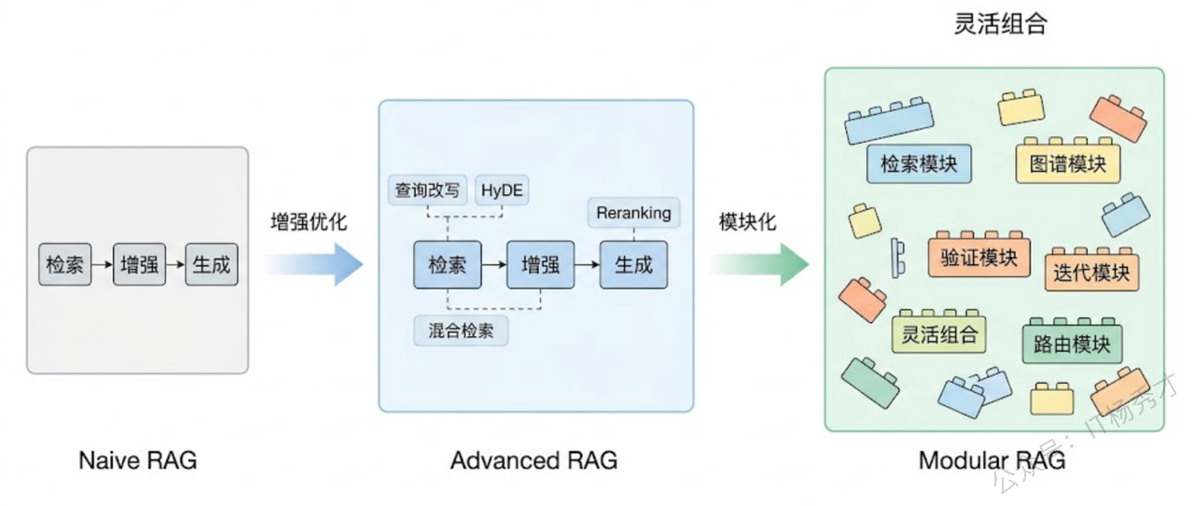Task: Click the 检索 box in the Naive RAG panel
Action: pyautogui.click(x=65, y=264)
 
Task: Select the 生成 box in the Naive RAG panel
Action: pyautogui.click(x=211, y=264)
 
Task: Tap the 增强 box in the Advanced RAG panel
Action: pyautogui.click(x=539, y=264)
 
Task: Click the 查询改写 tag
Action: pyautogui.click(x=427, y=190)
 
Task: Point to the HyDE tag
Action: pyautogui.click(x=503, y=190)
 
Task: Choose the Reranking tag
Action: pyautogui.click(x=633, y=213)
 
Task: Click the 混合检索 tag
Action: pyautogui.click(x=461, y=330)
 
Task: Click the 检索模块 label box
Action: pyautogui.click(x=919, y=164)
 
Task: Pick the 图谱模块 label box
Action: pyautogui.click(x=1068, y=165)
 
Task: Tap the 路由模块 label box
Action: pyautogui.click(x=1073, y=344)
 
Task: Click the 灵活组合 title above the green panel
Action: pyautogui.click(x=1000, y=24)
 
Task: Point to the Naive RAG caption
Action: pyautogui.click(x=137, y=460)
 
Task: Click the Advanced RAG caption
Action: pyautogui.click(x=534, y=460)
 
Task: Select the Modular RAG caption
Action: pyautogui.click(x=992, y=460)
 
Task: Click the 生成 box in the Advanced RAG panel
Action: pyautogui.click(x=633, y=264)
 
